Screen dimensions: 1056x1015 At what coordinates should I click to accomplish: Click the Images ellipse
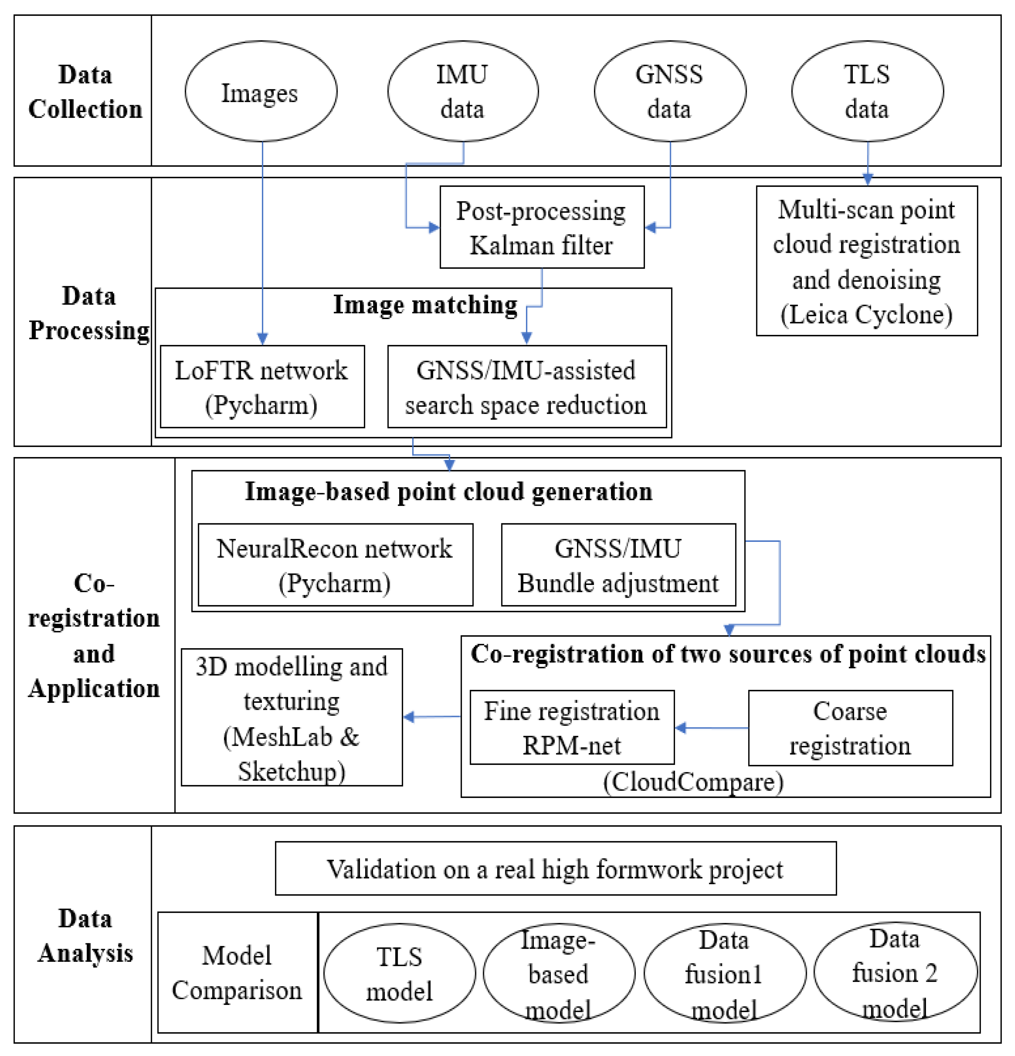pos(261,91)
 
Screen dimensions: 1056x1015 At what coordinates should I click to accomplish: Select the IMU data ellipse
pos(462,91)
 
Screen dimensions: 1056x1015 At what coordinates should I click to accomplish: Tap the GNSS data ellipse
pos(670,91)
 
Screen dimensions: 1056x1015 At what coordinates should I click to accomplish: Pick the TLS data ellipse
pos(867,91)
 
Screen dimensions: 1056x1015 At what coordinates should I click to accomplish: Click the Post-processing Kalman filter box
pos(541,227)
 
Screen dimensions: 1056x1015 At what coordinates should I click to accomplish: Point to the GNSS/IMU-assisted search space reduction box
pos(526,387)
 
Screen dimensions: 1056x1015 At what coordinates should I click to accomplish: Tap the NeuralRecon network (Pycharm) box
pos(335,565)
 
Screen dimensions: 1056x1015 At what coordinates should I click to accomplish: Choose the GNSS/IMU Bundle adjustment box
pos(618,565)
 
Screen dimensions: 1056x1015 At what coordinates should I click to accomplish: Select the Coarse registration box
pos(850,728)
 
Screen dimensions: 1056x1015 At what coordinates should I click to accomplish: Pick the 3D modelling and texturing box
pos(291,717)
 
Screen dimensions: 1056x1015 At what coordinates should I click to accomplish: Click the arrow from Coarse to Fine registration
pos(711,728)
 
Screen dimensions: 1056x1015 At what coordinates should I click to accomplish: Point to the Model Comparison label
pos(237,972)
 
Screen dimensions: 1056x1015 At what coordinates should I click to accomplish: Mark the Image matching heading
pos(425,304)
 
